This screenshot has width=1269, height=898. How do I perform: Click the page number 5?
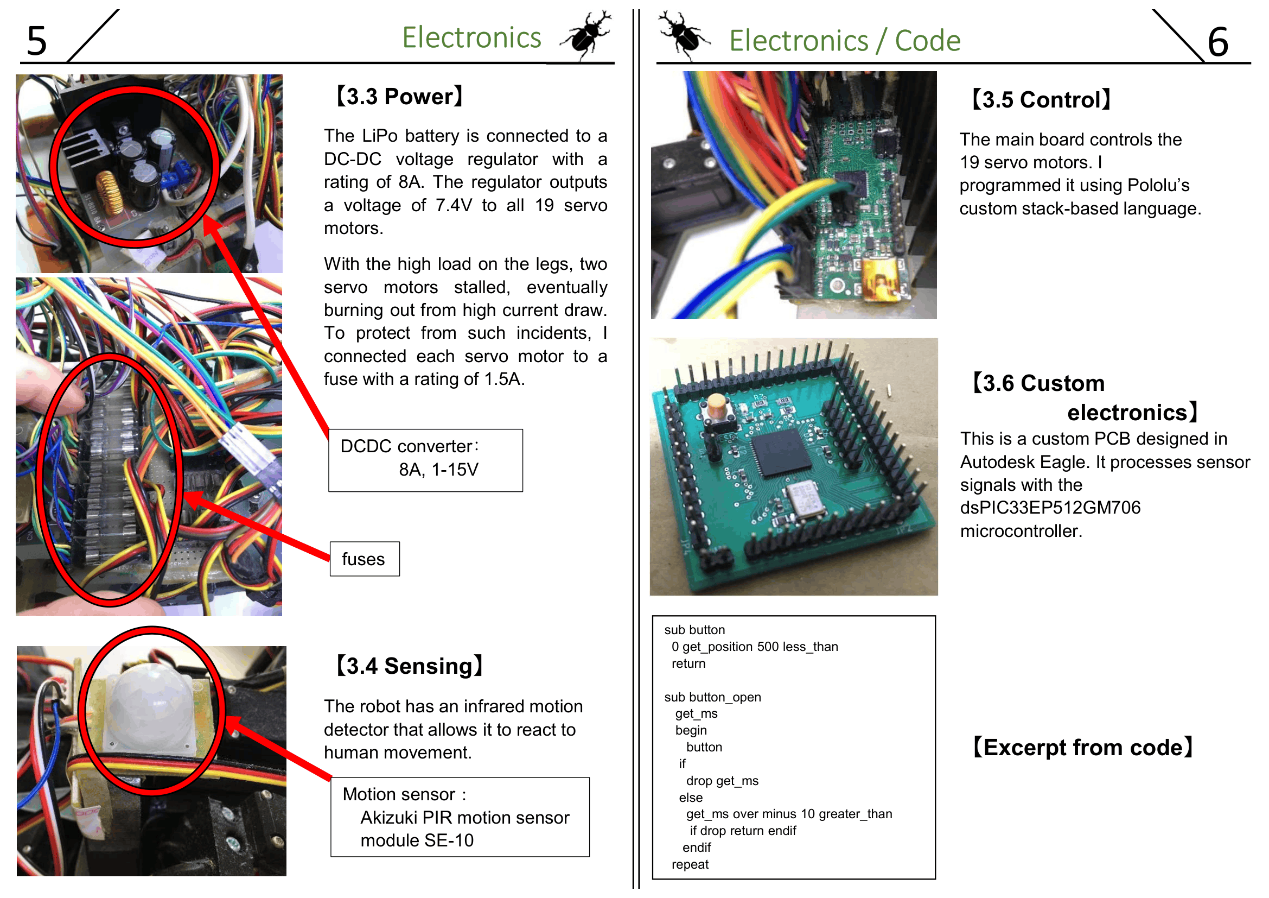[x=37, y=41]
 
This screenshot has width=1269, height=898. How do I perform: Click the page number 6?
[x=1218, y=42]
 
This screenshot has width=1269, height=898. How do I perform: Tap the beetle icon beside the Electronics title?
[x=586, y=34]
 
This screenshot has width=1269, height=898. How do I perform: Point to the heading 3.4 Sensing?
[x=410, y=666]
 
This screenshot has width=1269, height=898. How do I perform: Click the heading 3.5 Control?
[x=1041, y=100]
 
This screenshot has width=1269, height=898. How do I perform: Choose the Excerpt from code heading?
[x=1083, y=748]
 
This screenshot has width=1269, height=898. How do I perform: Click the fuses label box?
[x=365, y=559]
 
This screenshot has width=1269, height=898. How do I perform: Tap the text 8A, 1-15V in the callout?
[x=438, y=470]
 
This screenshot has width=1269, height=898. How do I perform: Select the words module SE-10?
[x=417, y=840]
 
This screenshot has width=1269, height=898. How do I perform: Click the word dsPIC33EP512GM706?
[x=1050, y=508]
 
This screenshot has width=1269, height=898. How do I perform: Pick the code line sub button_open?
[x=712, y=697]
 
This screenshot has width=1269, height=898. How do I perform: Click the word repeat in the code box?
[x=690, y=864]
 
